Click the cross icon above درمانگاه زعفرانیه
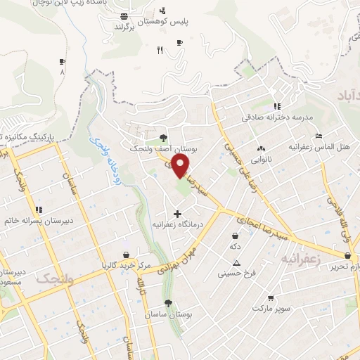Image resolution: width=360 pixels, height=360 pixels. [x=176, y=214]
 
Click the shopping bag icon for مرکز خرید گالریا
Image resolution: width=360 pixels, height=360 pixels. [x=126, y=255]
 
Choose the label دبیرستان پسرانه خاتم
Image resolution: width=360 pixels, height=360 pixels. [x=39, y=219]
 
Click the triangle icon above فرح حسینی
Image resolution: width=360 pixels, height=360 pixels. [x=236, y=263]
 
